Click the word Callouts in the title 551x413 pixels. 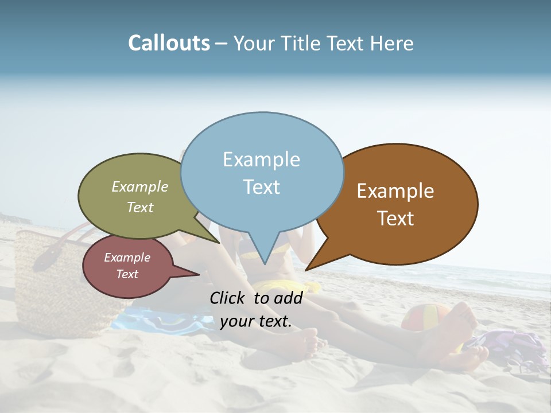point(169,43)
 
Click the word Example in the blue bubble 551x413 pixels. point(261,159)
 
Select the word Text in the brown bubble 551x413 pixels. point(396,219)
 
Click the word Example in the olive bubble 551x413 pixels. point(140,186)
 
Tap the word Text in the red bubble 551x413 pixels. point(127,274)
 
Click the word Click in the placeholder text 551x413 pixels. point(228,298)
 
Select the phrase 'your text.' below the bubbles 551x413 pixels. point(256,321)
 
